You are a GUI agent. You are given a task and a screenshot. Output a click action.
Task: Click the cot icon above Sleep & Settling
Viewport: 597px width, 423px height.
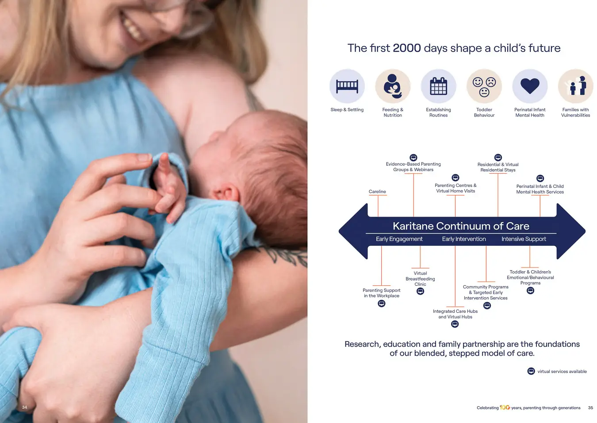pos(347,86)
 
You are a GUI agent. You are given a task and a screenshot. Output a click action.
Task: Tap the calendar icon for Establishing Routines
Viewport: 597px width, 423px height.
pos(438,86)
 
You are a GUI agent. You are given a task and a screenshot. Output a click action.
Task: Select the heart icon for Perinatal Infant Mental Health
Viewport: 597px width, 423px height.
pos(530,86)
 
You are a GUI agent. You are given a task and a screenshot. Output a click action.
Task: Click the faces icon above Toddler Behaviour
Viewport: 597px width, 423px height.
pos(484,86)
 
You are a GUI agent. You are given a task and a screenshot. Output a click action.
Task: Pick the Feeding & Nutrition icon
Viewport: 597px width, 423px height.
pos(393,86)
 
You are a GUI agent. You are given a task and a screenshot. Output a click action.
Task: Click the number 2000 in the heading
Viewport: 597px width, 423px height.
pos(407,48)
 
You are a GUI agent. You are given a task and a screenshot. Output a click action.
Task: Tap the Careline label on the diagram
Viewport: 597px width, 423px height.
pos(377,191)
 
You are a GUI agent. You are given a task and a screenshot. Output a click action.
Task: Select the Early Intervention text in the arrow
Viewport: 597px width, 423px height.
pos(464,239)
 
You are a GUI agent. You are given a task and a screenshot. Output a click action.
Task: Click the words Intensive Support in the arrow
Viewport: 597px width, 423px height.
pos(524,239)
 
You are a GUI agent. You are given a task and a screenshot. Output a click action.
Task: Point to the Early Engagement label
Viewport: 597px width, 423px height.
pos(399,239)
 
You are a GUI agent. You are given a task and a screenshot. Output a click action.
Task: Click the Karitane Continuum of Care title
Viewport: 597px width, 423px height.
pos(461,226)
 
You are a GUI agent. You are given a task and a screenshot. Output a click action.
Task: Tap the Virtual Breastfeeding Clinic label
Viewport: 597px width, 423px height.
pos(420,279)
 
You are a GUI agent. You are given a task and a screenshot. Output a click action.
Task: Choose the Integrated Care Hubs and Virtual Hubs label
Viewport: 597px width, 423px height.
pos(455,314)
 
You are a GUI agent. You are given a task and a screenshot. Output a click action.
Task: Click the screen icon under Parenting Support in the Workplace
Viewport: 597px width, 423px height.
pos(381,303)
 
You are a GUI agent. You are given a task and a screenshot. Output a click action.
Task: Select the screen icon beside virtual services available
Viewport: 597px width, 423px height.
pos(531,371)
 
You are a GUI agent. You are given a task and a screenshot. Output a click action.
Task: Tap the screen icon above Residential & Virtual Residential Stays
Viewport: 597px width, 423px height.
pos(498,157)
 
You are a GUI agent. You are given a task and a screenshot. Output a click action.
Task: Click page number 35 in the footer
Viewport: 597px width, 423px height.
pos(590,407)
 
